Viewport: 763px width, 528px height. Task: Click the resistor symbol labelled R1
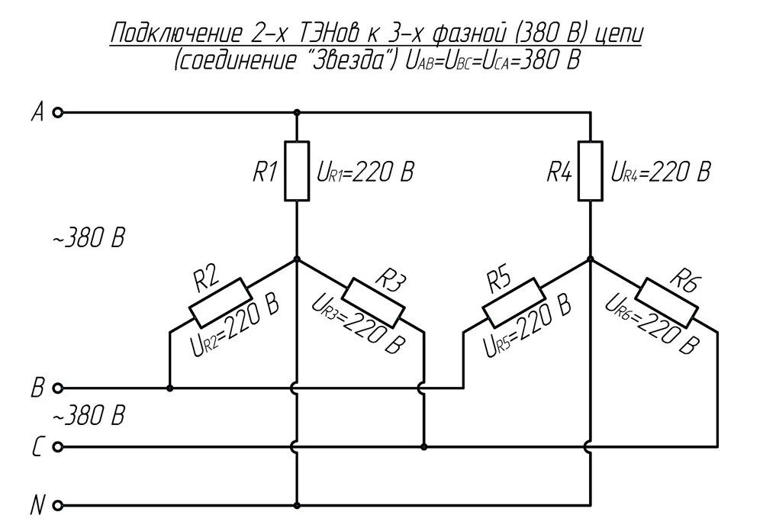click(x=297, y=170)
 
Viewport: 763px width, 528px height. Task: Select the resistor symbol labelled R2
click(x=220, y=301)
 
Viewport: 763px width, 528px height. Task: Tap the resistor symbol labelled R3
click(x=375, y=301)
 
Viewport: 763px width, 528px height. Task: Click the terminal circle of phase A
click(x=57, y=112)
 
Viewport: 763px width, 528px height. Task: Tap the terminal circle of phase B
click(x=57, y=388)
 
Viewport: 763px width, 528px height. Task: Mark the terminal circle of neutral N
click(x=57, y=505)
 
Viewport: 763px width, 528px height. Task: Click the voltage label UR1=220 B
click(x=365, y=172)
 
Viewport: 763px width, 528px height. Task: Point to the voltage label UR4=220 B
click(x=661, y=172)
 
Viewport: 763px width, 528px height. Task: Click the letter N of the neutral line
click(x=36, y=505)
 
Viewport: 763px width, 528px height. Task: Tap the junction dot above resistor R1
click(x=297, y=112)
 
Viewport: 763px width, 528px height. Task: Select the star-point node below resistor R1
click(x=297, y=259)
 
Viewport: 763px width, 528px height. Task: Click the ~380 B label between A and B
click(x=88, y=238)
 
